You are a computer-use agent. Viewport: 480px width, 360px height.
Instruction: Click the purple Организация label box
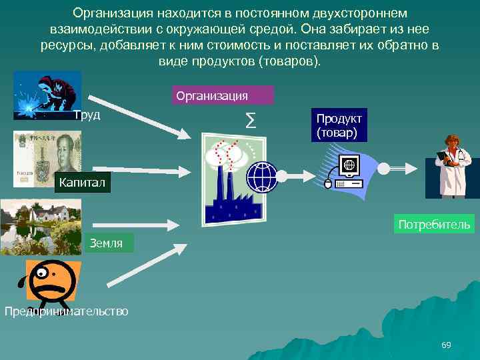coord(223,95)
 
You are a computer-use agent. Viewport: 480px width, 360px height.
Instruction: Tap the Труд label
coord(87,115)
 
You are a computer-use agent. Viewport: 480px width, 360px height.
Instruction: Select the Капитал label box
coord(81,181)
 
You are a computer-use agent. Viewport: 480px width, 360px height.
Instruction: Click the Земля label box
coord(106,243)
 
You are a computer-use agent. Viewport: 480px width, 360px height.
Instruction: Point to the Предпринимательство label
coord(66,311)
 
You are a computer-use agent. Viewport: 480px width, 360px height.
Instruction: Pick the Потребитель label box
coord(434,224)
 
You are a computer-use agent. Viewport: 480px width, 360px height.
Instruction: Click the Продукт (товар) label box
coord(339,125)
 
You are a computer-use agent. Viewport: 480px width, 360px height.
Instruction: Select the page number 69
coord(446,345)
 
